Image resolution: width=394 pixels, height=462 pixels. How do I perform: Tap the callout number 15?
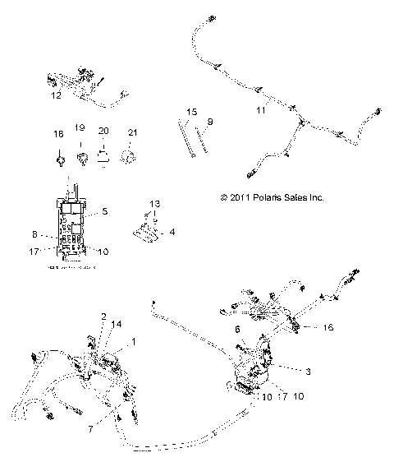click(x=190, y=110)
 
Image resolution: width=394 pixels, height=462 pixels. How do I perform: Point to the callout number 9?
click(x=209, y=122)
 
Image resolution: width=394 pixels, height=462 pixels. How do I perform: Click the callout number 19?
click(x=80, y=129)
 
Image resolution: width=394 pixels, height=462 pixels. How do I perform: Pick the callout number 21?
click(x=132, y=130)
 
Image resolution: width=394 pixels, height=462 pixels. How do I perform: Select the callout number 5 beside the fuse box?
click(x=104, y=211)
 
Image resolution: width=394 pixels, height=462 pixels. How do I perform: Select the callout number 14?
click(x=116, y=325)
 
